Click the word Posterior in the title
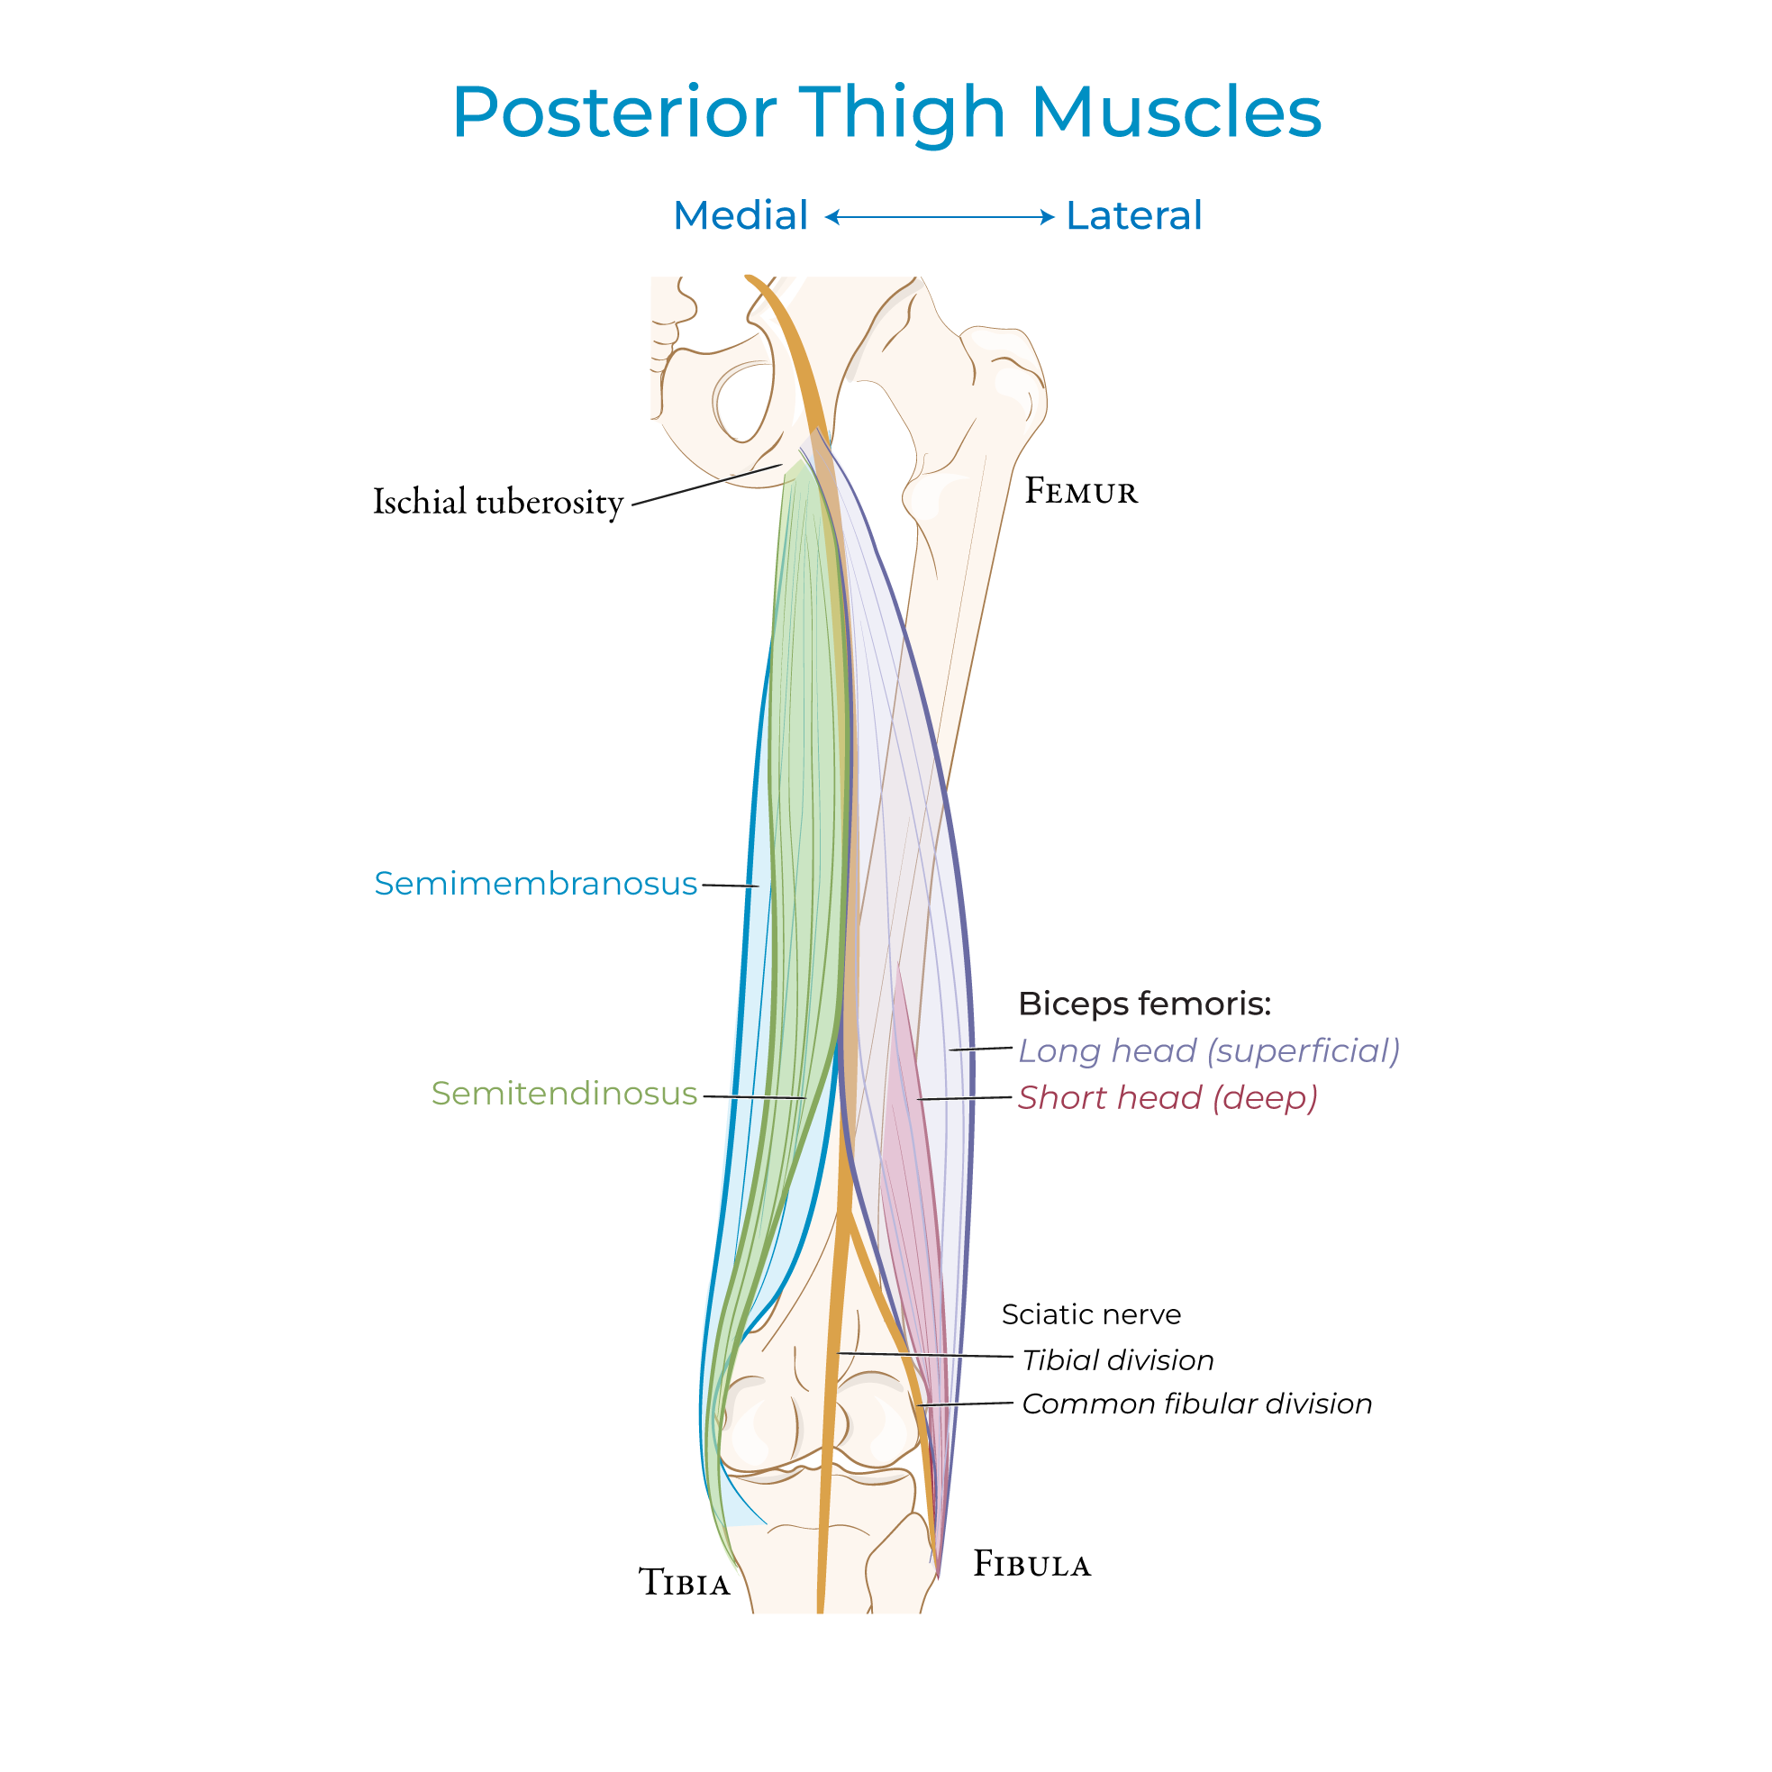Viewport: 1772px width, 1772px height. [614, 113]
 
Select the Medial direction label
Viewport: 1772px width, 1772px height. [741, 215]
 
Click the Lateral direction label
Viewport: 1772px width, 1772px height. [1133, 215]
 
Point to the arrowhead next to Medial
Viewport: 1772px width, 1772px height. [831, 217]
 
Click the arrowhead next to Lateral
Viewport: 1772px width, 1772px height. [1048, 217]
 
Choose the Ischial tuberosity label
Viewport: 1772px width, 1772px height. [498, 502]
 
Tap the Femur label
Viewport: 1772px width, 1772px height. [1080, 492]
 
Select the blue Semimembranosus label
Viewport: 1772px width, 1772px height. [536, 883]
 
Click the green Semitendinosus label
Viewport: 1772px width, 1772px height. [564, 1094]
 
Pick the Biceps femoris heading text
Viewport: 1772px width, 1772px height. [1145, 1004]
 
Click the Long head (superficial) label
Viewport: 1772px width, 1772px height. [1209, 1050]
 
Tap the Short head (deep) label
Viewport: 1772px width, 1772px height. [1168, 1097]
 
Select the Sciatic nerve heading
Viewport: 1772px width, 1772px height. [1091, 1314]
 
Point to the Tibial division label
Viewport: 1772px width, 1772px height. [1117, 1360]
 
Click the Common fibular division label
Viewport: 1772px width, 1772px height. [1196, 1404]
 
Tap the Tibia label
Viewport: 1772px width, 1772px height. [685, 1583]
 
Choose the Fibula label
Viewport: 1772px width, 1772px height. [1031, 1564]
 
